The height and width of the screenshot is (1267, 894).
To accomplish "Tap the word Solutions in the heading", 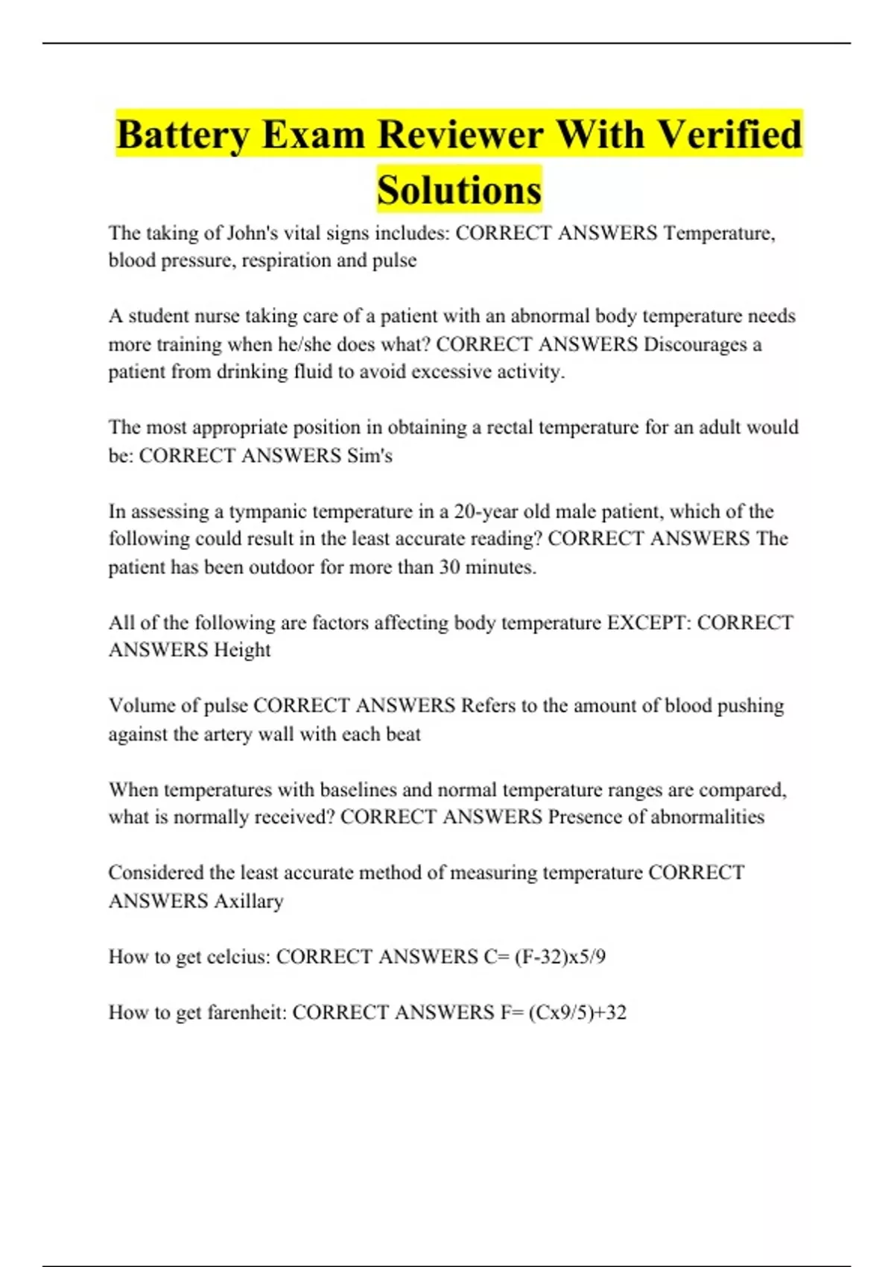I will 459,190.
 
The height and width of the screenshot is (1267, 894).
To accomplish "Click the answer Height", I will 242,650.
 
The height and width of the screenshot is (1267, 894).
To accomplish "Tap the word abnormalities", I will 707,817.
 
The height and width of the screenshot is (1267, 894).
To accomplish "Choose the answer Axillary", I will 249,901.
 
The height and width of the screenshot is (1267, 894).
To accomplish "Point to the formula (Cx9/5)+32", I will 577,1012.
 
